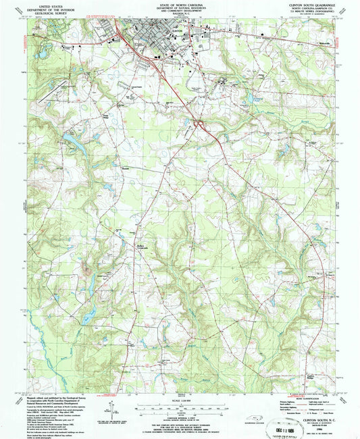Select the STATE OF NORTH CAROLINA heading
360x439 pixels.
click(x=180, y=3)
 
